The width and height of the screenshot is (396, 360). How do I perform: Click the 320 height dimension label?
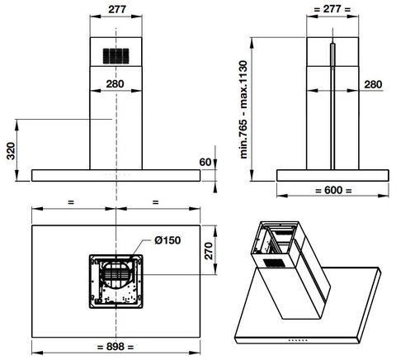[11, 150]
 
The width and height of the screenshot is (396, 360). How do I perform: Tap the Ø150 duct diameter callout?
[167, 240]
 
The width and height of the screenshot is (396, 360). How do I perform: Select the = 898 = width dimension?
[115, 347]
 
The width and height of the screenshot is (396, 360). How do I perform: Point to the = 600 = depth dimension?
[333, 190]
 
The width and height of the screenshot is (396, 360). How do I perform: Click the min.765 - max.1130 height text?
[243, 110]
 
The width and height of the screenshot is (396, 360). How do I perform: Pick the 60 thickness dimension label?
[205, 163]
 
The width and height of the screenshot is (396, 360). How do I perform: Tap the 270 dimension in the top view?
[209, 251]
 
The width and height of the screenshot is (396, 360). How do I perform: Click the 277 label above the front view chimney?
[117, 9]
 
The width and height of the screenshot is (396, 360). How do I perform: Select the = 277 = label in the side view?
[332, 9]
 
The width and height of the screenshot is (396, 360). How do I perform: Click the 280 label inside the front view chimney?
[115, 83]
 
